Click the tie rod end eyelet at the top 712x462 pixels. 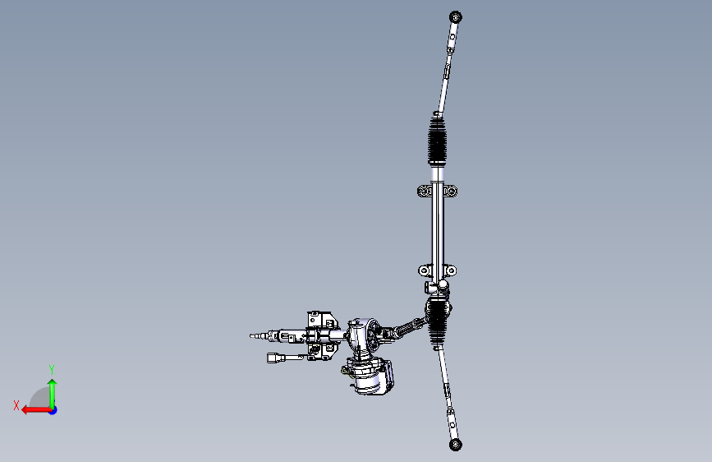[x=456, y=17]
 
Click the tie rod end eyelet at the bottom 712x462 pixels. [x=456, y=444]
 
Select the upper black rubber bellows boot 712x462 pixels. [x=437, y=141]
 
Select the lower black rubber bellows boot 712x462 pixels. [x=438, y=322]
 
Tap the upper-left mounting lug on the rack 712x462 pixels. [x=424, y=191]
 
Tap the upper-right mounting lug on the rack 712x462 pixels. [x=450, y=191]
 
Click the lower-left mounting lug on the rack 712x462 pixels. [x=425, y=270]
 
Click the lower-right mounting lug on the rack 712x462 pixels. [x=450, y=270]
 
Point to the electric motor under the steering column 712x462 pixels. [x=369, y=376]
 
